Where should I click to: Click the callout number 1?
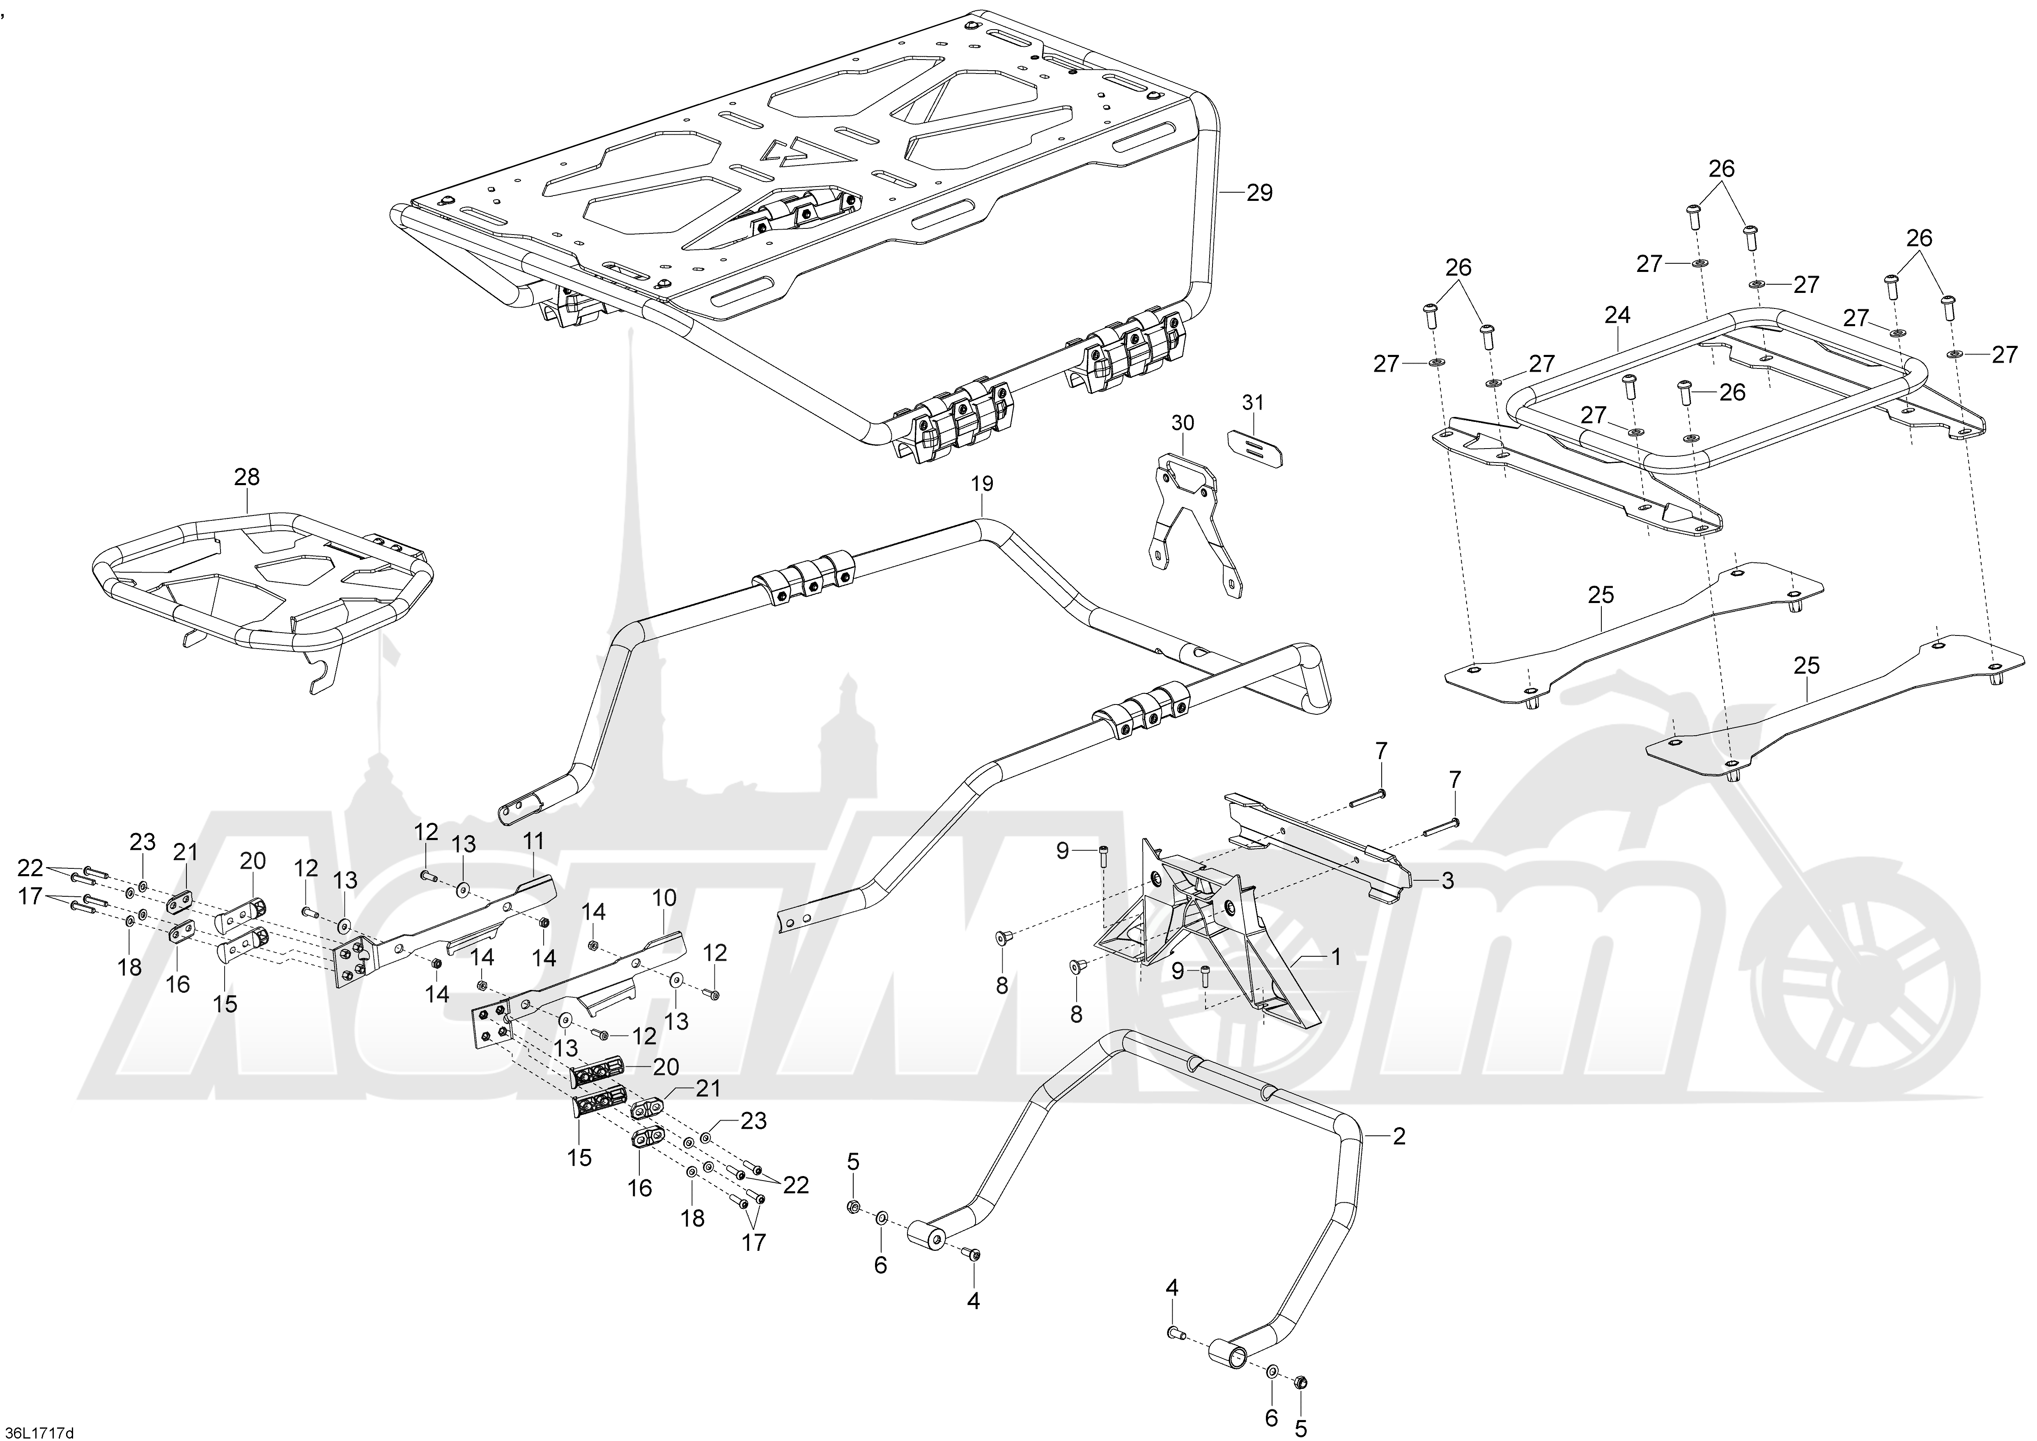coord(1335,958)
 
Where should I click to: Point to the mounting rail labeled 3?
coord(1322,843)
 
